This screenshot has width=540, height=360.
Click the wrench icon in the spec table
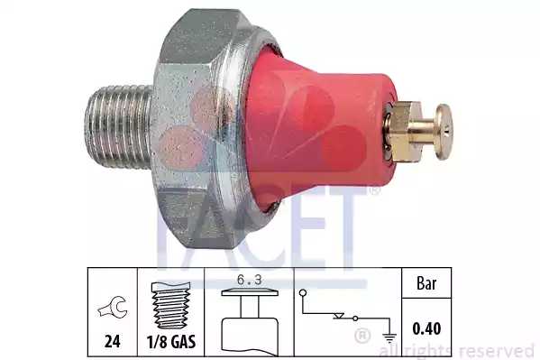click(x=113, y=312)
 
